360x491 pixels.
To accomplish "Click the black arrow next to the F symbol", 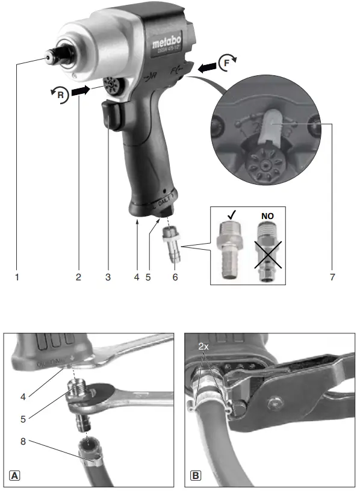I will coord(206,67).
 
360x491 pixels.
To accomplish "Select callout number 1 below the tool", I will coord(17,277).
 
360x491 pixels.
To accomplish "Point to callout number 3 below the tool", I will coord(108,277).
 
